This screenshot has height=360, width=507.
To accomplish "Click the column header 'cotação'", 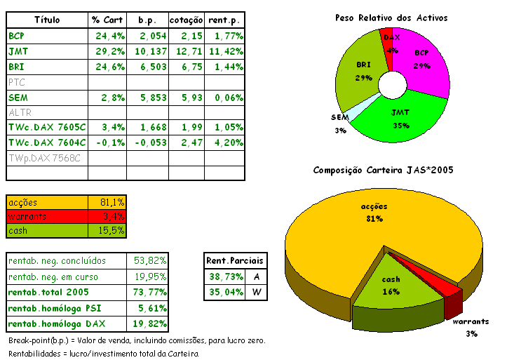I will (186, 20).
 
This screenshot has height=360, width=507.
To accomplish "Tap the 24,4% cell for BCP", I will (108, 36).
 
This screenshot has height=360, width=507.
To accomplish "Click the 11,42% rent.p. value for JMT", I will (226, 51).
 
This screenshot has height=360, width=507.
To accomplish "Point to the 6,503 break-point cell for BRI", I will (148, 67).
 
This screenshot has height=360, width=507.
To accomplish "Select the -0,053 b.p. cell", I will (148, 142).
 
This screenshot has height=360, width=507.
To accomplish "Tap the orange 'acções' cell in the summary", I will (47, 202).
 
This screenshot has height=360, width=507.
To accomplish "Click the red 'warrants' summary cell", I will (47, 216).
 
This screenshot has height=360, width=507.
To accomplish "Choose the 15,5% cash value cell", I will (108, 230).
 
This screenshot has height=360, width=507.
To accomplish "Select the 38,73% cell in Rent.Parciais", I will (224, 277).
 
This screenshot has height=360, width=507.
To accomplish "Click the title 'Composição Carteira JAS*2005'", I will (384, 170).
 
